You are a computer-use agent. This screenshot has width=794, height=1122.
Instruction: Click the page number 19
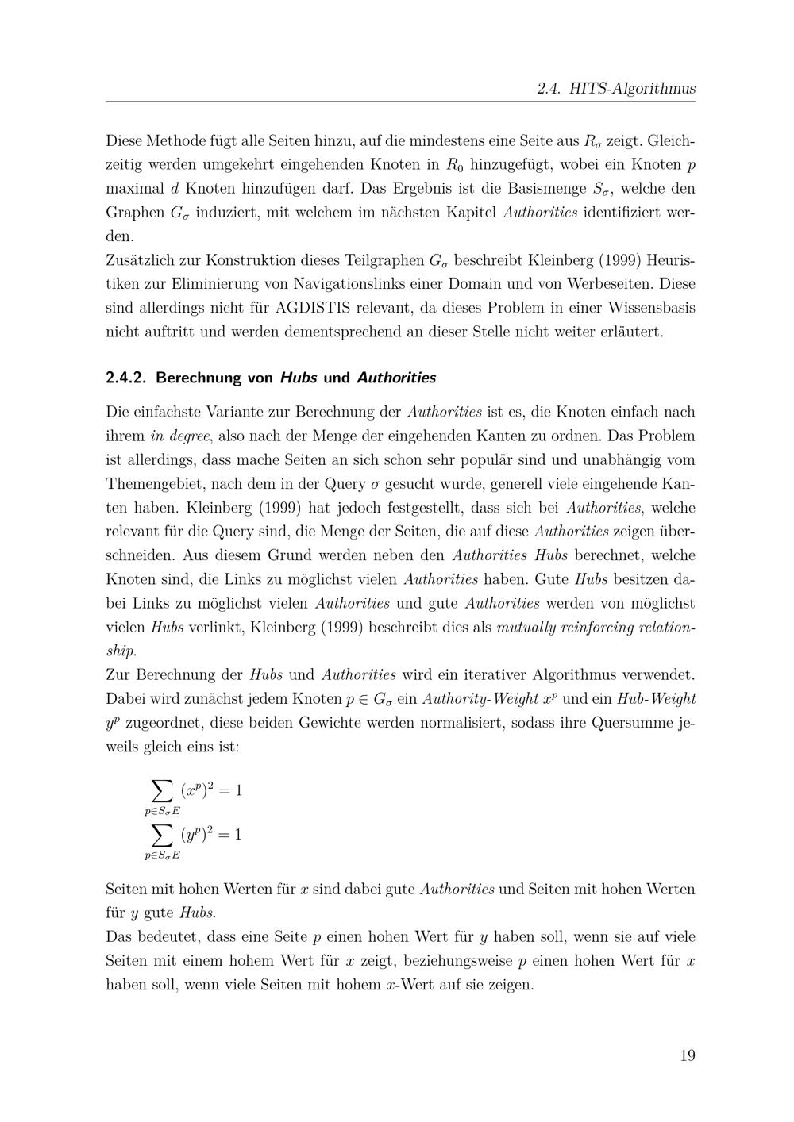687,1055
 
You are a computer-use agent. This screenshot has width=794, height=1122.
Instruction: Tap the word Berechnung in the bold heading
198,378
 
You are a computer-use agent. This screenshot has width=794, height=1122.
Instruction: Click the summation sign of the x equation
162,790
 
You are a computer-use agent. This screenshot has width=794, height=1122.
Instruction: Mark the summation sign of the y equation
162,834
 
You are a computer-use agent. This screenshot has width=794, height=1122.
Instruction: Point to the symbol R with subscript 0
454,165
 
